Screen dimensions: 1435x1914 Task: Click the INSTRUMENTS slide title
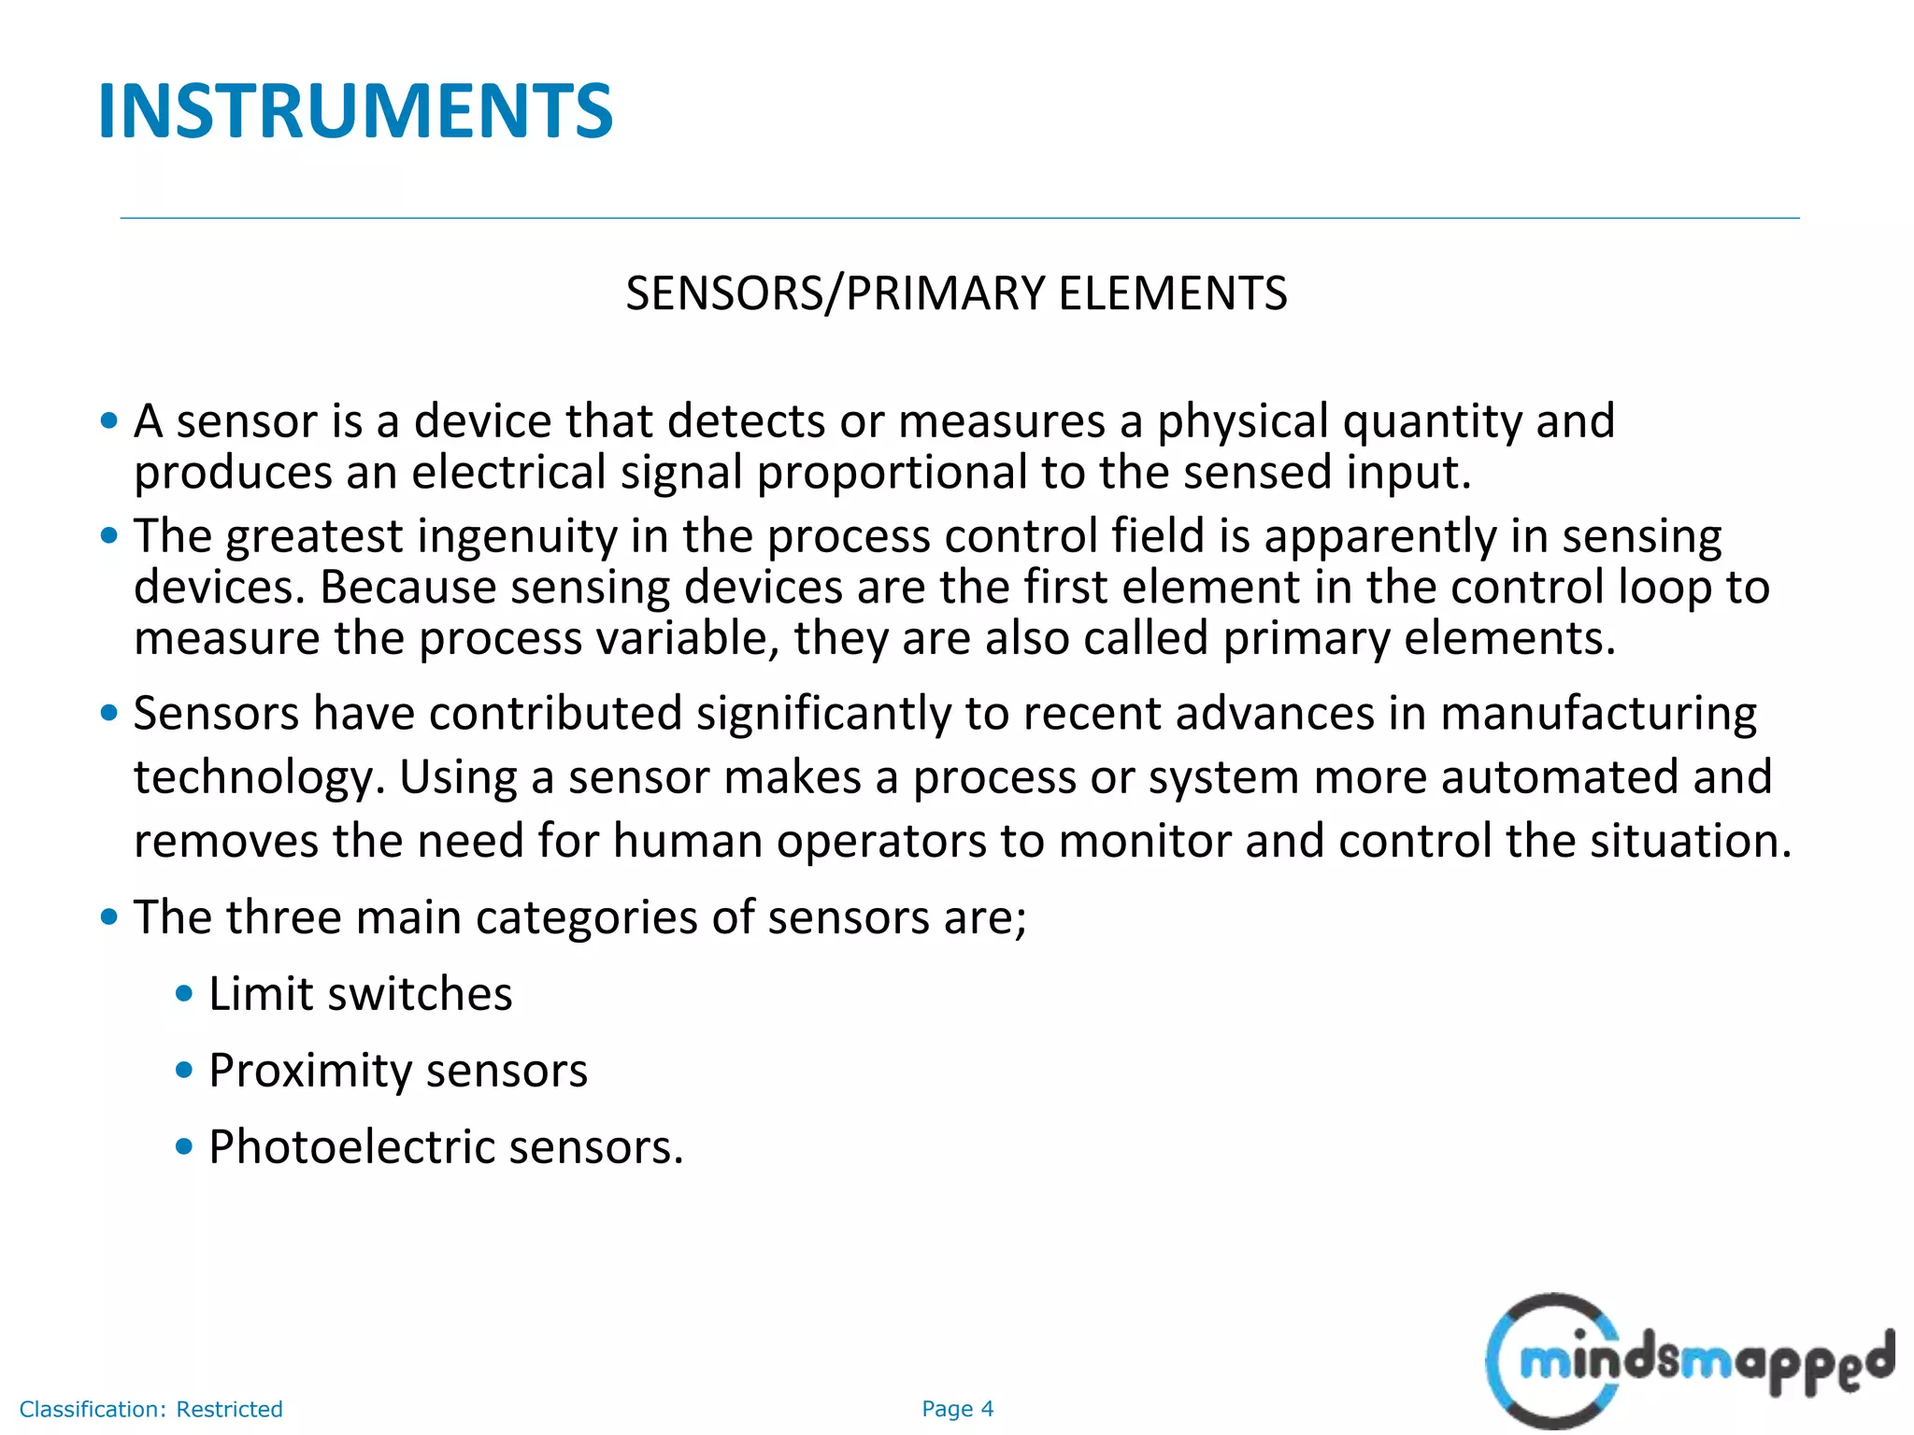tap(355, 111)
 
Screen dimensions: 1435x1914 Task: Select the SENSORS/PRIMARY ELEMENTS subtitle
tap(956, 293)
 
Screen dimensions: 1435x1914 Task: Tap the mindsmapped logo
tap(1690, 1360)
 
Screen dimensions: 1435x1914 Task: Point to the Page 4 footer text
tap(957, 1409)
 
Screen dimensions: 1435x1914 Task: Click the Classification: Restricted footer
tap(150, 1409)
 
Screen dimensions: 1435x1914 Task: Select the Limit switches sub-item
tap(360, 993)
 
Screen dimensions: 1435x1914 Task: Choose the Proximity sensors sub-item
tap(398, 1070)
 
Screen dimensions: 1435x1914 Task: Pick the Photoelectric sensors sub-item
tap(446, 1146)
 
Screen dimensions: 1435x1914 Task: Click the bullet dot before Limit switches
tap(184, 993)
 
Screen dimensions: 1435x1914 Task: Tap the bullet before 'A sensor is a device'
tap(109, 420)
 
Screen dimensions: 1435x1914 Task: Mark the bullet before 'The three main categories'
tap(109, 916)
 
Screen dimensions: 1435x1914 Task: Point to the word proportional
tap(892, 472)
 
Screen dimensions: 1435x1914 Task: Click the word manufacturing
tap(1598, 714)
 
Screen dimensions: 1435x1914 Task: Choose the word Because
tap(408, 588)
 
